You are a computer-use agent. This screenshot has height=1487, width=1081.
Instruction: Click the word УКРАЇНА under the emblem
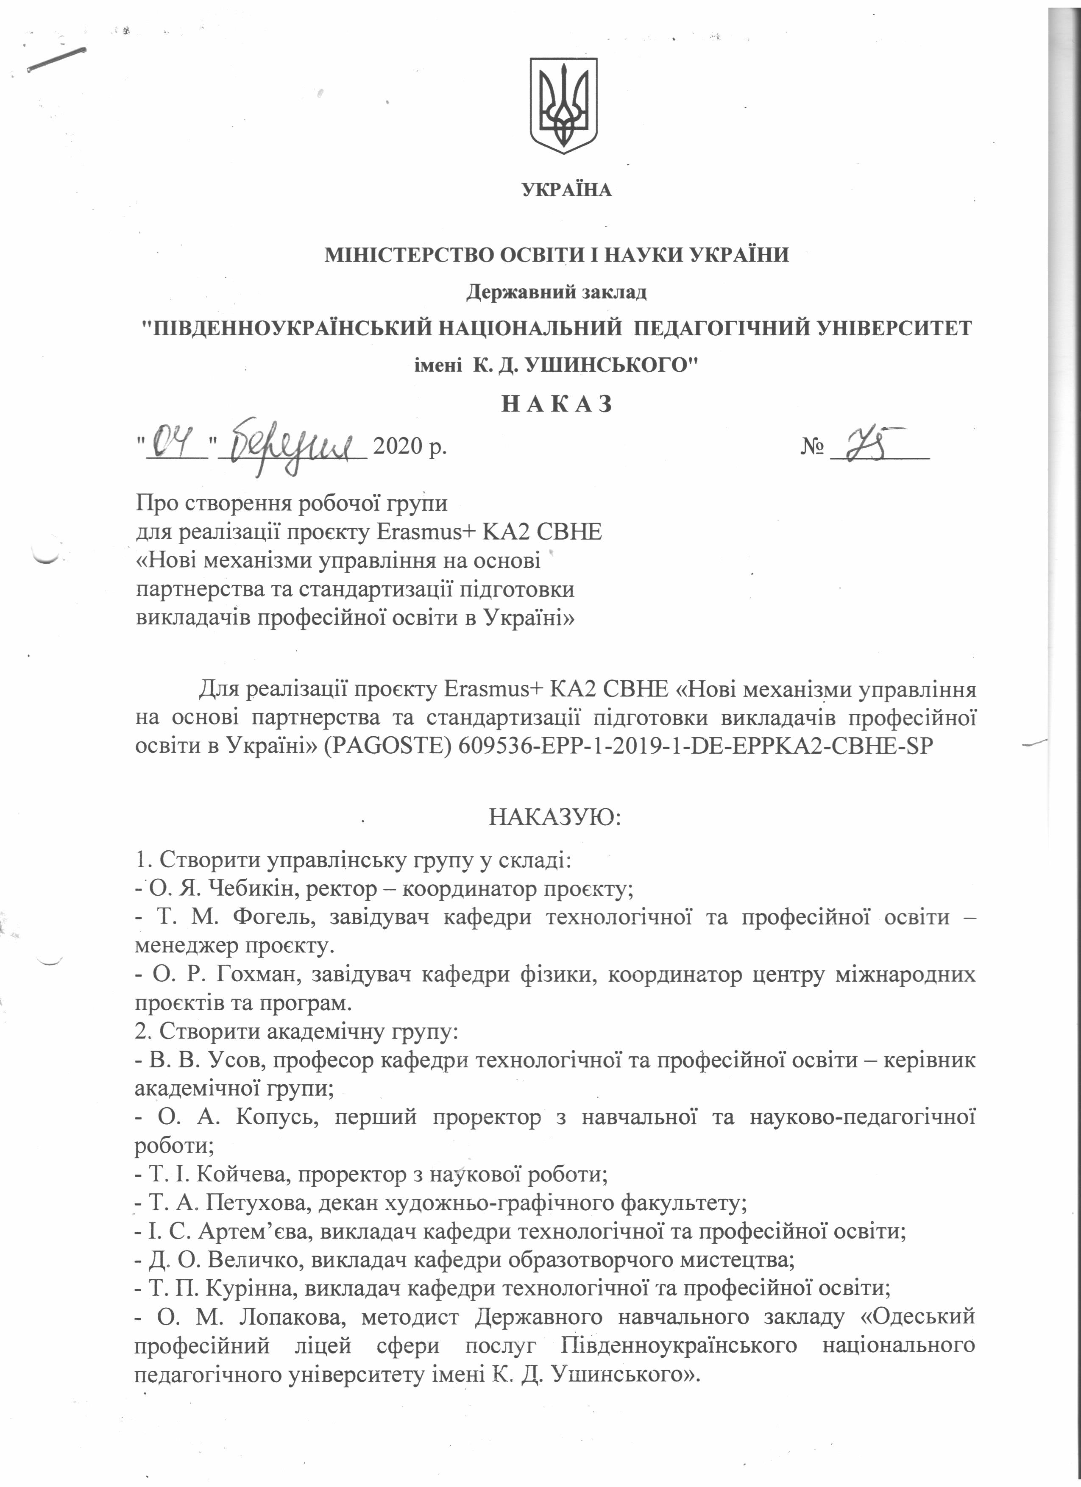click(566, 190)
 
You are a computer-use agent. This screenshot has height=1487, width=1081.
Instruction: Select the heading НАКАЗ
click(557, 404)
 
